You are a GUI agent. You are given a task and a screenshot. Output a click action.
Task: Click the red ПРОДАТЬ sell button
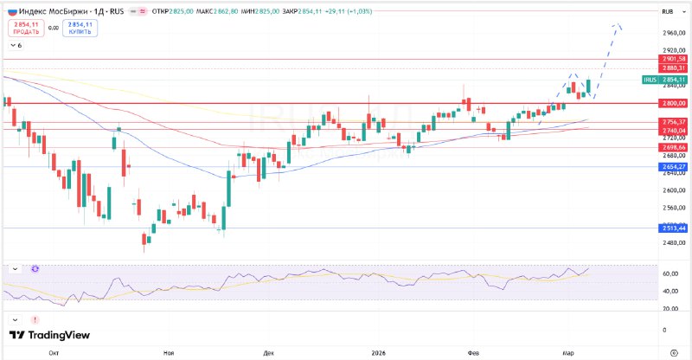[x=26, y=28]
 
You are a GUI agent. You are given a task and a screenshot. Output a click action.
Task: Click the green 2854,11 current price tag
[x=673, y=80]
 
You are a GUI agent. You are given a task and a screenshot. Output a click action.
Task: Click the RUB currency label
[x=667, y=11]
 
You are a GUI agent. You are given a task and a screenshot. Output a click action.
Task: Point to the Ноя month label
[x=168, y=353]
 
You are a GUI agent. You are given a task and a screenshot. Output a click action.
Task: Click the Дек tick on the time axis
[x=269, y=353]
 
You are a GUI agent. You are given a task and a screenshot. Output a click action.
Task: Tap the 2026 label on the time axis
[x=378, y=353]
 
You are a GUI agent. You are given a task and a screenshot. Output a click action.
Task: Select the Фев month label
[x=484, y=353]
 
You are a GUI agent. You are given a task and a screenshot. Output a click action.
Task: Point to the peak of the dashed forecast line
[x=616, y=25]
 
